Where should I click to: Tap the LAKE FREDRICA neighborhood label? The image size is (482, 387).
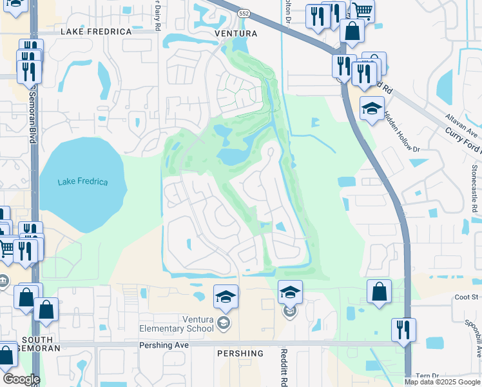pos(96,31)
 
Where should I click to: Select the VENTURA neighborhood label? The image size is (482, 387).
pos(236,34)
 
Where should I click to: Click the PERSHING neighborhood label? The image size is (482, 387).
pos(240,353)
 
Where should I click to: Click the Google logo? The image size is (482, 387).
pos(21,379)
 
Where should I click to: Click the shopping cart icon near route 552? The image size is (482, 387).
pos(361,11)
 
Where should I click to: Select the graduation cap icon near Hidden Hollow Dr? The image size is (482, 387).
pos(372,109)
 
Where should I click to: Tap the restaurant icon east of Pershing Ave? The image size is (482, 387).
pos(403,330)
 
